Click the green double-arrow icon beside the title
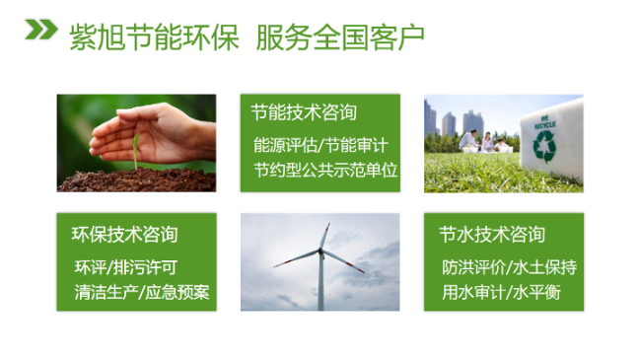[39, 34]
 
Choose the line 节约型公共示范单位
[324, 170]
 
